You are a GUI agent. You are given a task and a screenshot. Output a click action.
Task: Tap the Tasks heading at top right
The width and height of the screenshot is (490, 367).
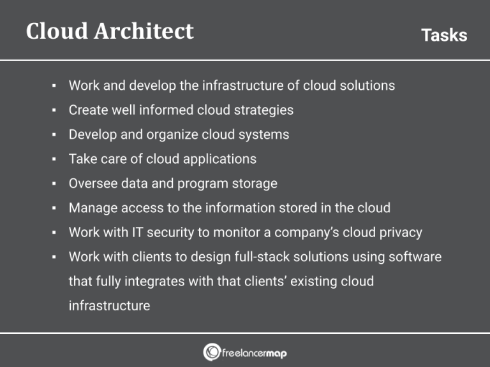[x=444, y=35]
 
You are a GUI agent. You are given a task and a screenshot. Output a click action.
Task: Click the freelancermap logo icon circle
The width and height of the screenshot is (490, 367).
[x=212, y=352]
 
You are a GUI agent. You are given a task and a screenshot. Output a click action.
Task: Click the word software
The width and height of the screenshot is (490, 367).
[x=413, y=257]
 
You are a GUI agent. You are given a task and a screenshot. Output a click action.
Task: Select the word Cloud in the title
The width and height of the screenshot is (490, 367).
[x=54, y=31]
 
